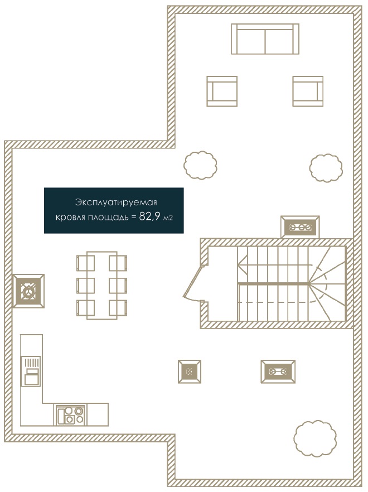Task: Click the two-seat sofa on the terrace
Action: tap(265, 39)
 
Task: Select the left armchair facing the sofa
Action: tap(222, 91)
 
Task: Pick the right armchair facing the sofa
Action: tap(308, 91)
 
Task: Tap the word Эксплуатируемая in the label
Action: tap(116, 202)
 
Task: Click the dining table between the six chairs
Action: tap(102, 285)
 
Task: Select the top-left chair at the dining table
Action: tap(86, 263)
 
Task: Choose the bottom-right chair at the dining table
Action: tap(118, 308)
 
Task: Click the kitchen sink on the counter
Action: tap(31, 371)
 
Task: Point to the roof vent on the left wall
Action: tap(28, 291)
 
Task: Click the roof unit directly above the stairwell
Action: tap(300, 227)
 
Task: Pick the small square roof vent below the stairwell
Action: tap(190, 372)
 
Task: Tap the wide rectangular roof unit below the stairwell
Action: tap(278, 372)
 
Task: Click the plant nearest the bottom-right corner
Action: tap(315, 438)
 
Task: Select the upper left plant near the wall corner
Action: tap(201, 165)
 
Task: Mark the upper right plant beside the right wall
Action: tap(326, 167)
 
